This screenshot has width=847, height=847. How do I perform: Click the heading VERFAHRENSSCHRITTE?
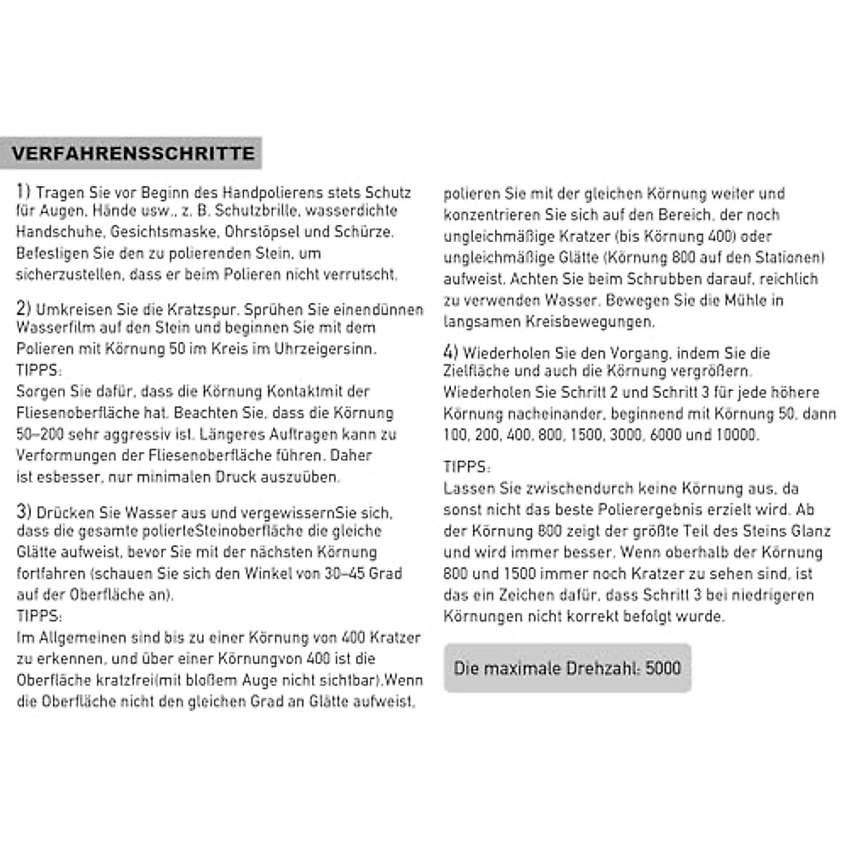point(133,153)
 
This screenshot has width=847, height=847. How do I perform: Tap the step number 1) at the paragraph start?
point(24,191)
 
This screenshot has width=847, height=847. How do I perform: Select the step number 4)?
point(451,352)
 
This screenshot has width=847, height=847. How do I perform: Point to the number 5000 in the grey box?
point(663,668)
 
